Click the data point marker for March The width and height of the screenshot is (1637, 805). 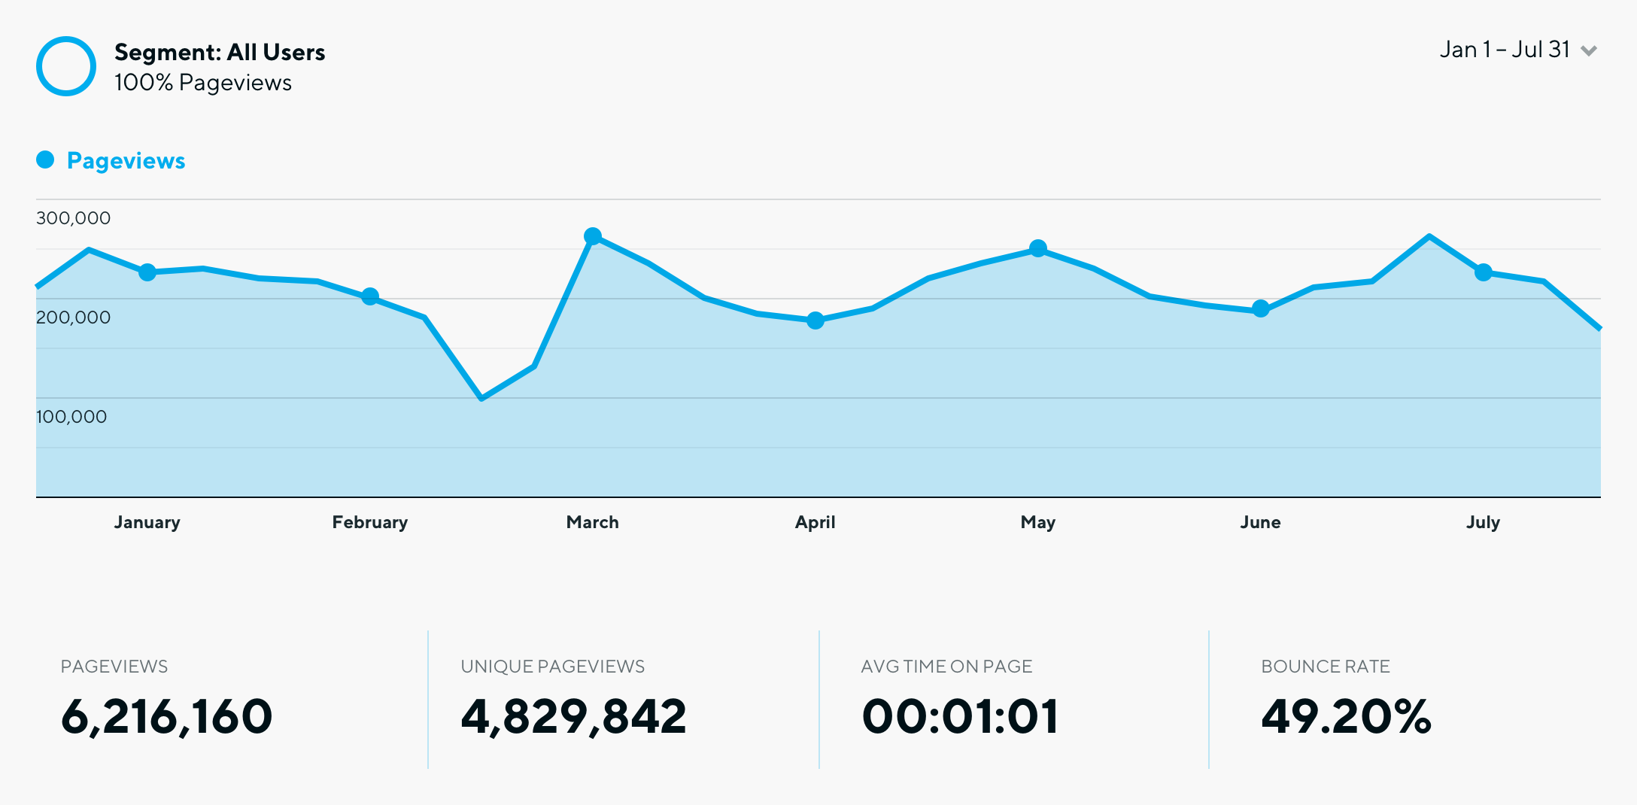(x=593, y=236)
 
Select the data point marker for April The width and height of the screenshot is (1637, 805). (x=815, y=320)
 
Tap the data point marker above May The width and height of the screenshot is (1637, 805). (x=1038, y=248)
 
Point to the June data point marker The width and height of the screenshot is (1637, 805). (x=1261, y=308)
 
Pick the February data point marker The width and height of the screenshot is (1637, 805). (x=370, y=296)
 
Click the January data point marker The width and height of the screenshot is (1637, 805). (x=147, y=272)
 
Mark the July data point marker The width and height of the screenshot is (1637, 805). (x=1484, y=272)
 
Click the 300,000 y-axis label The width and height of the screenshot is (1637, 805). (x=73, y=218)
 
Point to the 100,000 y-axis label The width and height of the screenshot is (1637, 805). (x=71, y=417)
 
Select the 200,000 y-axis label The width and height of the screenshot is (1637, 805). (x=73, y=317)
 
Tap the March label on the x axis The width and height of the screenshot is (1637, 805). (x=592, y=522)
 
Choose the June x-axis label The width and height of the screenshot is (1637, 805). (x=1260, y=522)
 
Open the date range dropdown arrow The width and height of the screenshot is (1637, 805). (x=1589, y=51)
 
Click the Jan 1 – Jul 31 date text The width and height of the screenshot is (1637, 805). (x=1505, y=50)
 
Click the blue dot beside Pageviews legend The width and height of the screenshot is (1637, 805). (x=45, y=159)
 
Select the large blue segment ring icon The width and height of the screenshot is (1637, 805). (x=66, y=66)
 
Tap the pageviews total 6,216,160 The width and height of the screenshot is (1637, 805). (x=166, y=715)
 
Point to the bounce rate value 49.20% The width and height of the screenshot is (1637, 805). (x=1346, y=715)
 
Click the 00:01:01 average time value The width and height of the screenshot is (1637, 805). (x=960, y=715)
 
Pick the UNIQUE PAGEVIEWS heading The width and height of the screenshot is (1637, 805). (x=552, y=667)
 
